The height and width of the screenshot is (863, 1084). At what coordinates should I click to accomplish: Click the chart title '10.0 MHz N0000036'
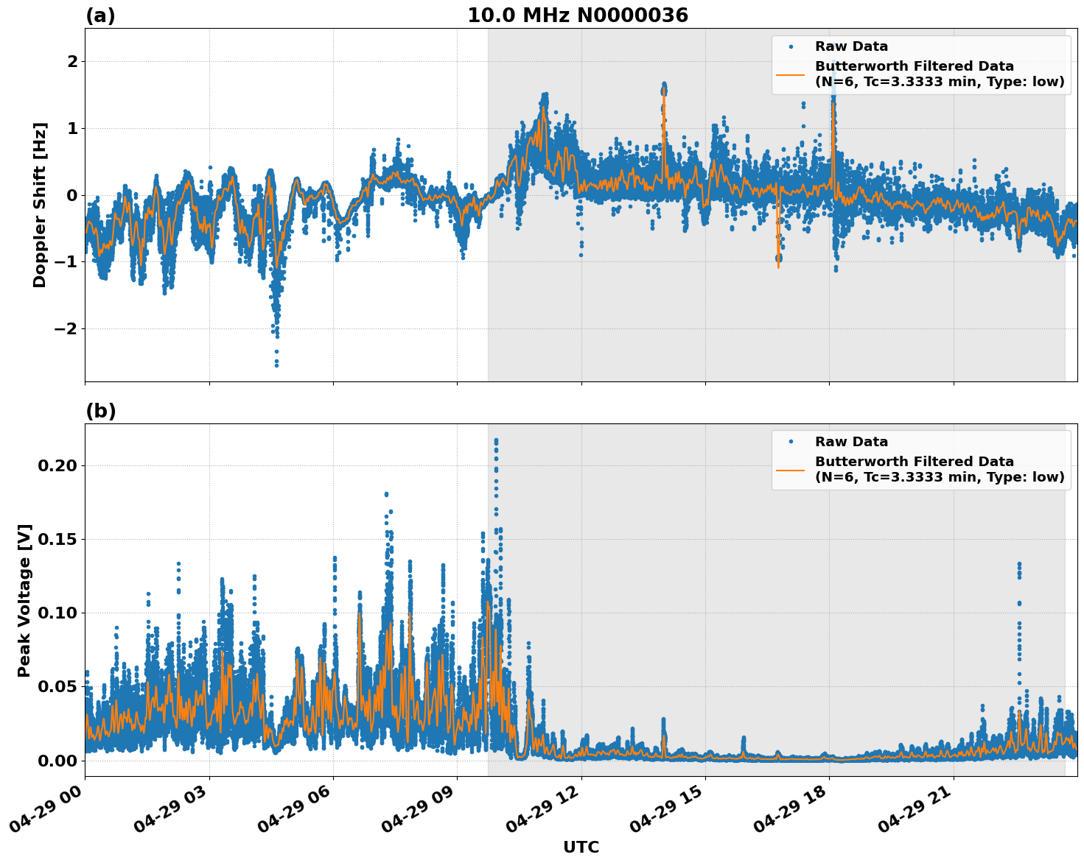[x=578, y=15]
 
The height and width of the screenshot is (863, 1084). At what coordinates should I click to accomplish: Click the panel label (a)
[x=100, y=15]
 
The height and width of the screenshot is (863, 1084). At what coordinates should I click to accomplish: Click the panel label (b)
[x=100, y=411]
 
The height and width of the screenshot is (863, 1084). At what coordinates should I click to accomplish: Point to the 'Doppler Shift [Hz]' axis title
[x=40, y=205]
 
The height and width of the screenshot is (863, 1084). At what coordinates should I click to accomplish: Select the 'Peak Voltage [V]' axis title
[x=24, y=600]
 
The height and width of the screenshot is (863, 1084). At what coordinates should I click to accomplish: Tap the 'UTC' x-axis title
[x=581, y=847]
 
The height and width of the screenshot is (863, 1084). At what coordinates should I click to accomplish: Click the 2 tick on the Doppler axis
[x=72, y=61]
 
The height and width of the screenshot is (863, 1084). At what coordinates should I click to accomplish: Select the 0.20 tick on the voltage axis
[x=58, y=465]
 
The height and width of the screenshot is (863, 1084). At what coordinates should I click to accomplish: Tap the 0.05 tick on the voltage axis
[x=58, y=686]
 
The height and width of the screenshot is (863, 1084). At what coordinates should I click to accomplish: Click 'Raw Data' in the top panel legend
[x=851, y=46]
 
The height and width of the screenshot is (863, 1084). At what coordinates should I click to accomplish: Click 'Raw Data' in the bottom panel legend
[x=851, y=442]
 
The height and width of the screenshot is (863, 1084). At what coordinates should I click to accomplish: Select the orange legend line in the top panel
[x=790, y=74]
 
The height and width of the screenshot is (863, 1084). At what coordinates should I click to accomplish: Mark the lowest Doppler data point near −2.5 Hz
[x=276, y=364]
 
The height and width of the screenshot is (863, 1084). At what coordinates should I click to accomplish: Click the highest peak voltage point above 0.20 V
[x=496, y=440]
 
